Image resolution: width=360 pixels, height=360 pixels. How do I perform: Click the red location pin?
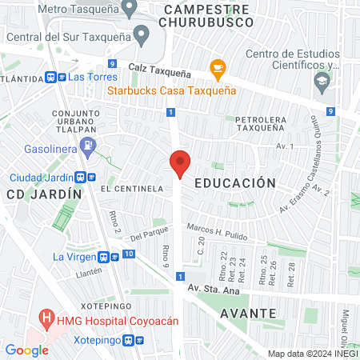click(180, 163)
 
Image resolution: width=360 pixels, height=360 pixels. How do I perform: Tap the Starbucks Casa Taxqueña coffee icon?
click(216, 68)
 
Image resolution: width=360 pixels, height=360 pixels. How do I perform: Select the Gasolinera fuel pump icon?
click(89, 145)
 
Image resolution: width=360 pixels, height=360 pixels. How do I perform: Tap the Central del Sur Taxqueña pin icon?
click(142, 34)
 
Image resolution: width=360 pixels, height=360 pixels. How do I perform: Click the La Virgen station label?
click(74, 257)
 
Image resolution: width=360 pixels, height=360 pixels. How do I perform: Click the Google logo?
click(26, 350)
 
